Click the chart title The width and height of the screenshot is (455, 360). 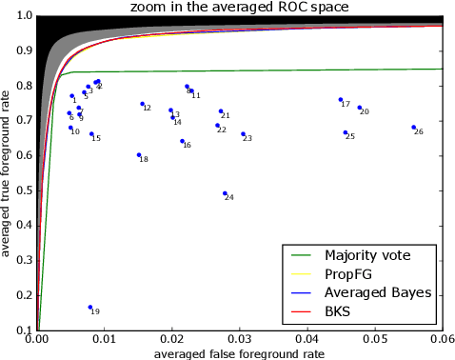[x=239, y=8]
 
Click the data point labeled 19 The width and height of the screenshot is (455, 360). [x=90, y=308]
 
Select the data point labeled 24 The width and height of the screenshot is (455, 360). [x=225, y=193]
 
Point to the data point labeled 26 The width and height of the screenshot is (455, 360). [x=413, y=127]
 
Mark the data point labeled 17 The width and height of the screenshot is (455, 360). [x=340, y=100]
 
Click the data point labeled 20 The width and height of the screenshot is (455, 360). [x=359, y=108]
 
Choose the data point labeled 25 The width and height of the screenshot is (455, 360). [x=345, y=132]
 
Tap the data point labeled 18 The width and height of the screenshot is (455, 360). [x=139, y=154]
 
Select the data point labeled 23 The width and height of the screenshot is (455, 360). [x=243, y=134]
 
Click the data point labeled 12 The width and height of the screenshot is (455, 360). [x=142, y=104]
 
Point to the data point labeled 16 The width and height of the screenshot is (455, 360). [x=182, y=141]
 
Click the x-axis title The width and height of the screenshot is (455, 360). [x=239, y=353]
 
